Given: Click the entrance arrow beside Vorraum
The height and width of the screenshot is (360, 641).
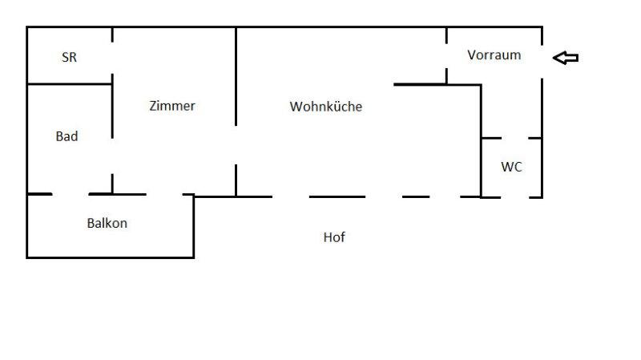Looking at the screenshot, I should click(x=566, y=57).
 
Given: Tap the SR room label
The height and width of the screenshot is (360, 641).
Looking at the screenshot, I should click(x=70, y=58).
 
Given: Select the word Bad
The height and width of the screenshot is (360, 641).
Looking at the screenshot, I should click(x=67, y=136).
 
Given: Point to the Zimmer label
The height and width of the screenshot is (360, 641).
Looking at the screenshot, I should click(x=172, y=106).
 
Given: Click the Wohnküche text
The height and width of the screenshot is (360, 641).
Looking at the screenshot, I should click(x=326, y=106).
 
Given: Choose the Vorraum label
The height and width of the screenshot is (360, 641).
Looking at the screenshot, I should click(x=494, y=55).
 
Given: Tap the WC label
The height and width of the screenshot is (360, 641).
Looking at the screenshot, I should click(x=512, y=167).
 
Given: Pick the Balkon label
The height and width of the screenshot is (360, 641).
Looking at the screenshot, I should click(x=107, y=223).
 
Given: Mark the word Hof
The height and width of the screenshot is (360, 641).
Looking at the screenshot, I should click(x=334, y=237).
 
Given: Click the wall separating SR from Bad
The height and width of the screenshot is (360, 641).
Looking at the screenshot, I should click(x=70, y=83).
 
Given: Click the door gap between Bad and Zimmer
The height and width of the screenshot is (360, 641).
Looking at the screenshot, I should click(x=112, y=150).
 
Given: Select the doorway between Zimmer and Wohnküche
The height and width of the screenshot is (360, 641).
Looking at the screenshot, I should click(x=236, y=145).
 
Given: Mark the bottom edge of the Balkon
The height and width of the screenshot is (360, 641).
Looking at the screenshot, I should click(x=111, y=257).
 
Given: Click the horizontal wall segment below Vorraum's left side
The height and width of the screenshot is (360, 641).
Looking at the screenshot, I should click(x=420, y=83).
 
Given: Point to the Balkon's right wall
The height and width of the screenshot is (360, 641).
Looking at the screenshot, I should click(x=194, y=226).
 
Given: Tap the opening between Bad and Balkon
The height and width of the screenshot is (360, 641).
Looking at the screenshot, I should click(x=71, y=194).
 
